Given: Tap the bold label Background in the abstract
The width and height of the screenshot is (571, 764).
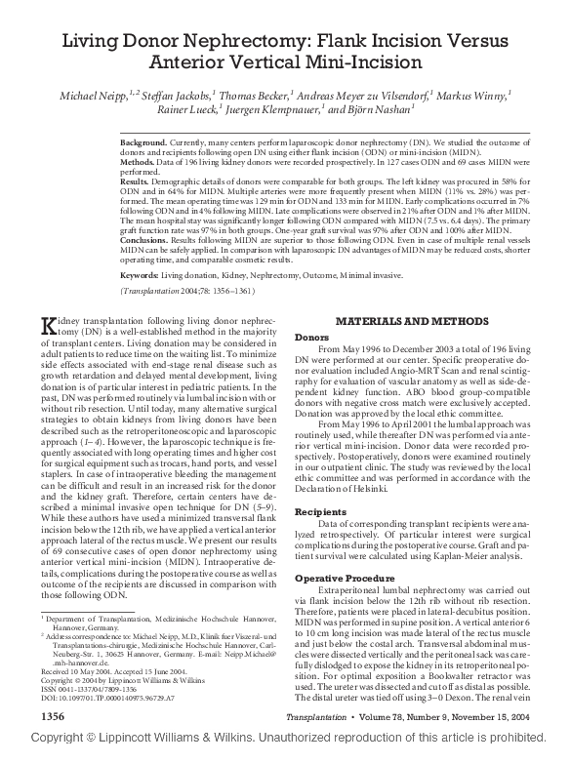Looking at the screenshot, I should pos(143,142).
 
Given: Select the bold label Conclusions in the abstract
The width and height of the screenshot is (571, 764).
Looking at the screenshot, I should pos(145,240).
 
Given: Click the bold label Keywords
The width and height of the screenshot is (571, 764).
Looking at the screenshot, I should pos(141,276).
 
